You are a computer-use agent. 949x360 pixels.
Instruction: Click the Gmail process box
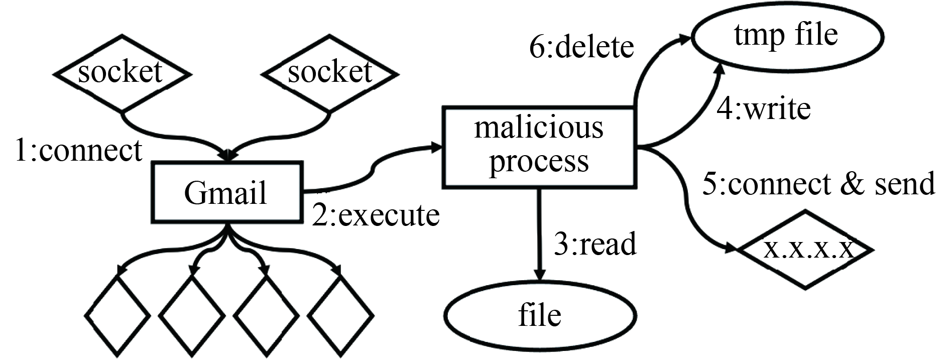pyautogui.click(x=227, y=192)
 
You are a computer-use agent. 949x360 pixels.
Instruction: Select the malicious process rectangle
pyautogui.click(x=539, y=147)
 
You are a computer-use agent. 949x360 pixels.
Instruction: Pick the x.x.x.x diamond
pyautogui.click(x=806, y=250)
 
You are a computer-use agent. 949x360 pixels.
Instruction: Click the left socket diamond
pyautogui.click(x=122, y=73)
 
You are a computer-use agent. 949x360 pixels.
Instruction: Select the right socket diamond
pyautogui.click(x=330, y=73)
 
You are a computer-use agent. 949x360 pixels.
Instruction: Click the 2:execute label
pyautogui.click(x=376, y=215)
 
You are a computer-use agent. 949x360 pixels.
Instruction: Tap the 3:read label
pyautogui.click(x=595, y=244)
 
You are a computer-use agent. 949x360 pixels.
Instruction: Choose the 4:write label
pyautogui.click(x=763, y=109)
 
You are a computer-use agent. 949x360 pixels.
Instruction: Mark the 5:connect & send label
pyautogui.click(x=818, y=183)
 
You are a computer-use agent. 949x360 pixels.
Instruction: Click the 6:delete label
pyautogui.click(x=581, y=47)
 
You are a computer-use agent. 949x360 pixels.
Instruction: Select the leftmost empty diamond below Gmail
pyautogui.click(x=117, y=316)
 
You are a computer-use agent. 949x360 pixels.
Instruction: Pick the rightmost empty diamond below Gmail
pyautogui.click(x=340, y=316)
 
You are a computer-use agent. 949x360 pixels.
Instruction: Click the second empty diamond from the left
pyautogui.click(x=192, y=316)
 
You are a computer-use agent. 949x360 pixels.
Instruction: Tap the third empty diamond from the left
pyautogui.click(x=266, y=316)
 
